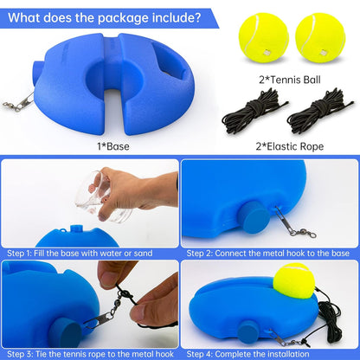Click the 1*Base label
pos(112,146)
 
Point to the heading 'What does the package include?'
pos(103,16)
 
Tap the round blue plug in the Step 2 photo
pos(255,217)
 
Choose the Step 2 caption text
pos(269,254)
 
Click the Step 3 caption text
pos(89,352)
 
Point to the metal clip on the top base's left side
pos(25,98)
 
